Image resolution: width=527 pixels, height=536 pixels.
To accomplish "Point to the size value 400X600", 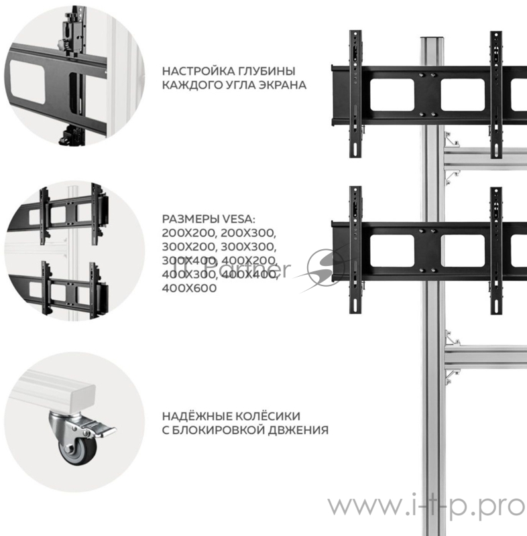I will tap(190, 287).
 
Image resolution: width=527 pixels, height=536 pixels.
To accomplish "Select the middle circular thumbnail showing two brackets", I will tap(70, 249).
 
